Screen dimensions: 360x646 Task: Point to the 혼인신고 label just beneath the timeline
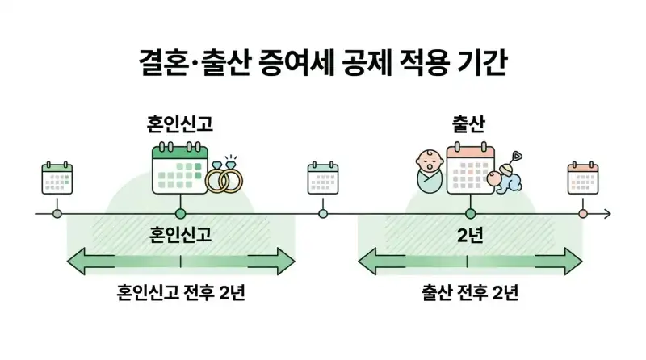click(180, 235)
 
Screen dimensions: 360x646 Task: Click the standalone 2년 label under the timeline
click(470, 235)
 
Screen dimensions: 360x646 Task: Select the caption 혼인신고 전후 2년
click(180, 292)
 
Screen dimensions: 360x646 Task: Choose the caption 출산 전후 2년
click(470, 292)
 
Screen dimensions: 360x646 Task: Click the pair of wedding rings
click(224, 177)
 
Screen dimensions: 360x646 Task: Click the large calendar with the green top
click(180, 168)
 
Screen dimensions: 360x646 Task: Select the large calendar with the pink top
click(470, 168)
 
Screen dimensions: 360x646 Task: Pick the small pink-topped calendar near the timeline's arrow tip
click(583, 178)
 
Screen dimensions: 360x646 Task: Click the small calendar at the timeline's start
click(57, 178)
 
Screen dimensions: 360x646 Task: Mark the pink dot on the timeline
click(583, 214)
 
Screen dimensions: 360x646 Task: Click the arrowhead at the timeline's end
click(607, 214)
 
